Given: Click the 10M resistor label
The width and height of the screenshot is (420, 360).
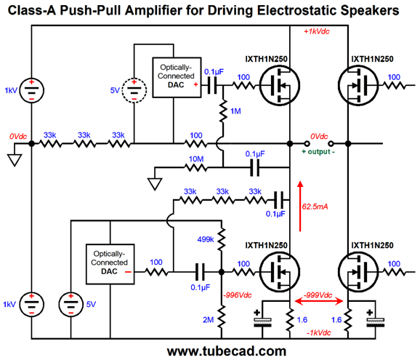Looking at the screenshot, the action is [x=196, y=159].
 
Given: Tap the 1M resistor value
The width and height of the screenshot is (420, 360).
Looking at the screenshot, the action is [x=235, y=111].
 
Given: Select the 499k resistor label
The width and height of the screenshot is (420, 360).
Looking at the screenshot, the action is [x=206, y=239].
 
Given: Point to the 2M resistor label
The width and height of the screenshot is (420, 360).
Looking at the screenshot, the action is [x=208, y=320].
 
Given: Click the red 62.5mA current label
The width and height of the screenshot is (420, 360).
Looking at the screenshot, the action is [x=315, y=207].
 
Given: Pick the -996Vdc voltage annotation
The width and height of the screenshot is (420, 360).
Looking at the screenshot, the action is [x=238, y=295].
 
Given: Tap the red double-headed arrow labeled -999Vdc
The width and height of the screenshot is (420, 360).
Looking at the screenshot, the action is [x=319, y=301].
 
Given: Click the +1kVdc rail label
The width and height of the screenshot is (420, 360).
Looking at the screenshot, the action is [x=317, y=31].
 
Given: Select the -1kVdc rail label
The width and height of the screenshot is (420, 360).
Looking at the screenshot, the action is [x=319, y=332].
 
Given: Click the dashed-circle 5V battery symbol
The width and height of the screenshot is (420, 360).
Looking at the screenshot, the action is [x=134, y=90].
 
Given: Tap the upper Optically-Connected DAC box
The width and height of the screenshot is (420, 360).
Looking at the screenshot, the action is [x=177, y=78].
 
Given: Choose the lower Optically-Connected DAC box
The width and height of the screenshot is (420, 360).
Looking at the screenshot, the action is [x=110, y=264].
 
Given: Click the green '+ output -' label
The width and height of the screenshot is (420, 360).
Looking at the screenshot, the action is [x=318, y=152].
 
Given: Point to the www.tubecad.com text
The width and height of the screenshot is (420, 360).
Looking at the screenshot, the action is [x=227, y=351].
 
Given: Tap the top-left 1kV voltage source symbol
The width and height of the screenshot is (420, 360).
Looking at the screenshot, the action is [x=31, y=90].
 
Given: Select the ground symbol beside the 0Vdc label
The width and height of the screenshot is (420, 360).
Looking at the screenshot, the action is [x=15, y=160].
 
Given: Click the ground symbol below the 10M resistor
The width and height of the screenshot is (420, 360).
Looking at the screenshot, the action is [x=155, y=184].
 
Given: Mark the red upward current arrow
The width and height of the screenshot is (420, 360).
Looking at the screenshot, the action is [x=300, y=206].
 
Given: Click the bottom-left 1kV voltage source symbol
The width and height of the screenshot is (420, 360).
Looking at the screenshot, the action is [x=31, y=304].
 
